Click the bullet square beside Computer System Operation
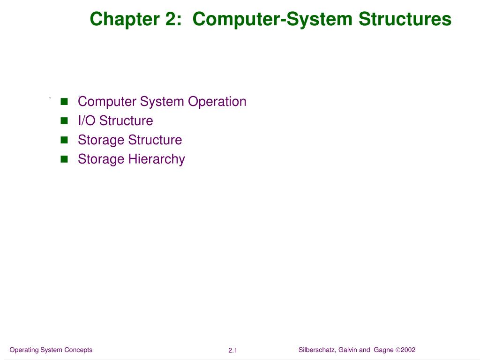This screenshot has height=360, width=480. click(64, 102)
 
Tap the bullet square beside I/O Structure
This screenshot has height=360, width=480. click(64, 121)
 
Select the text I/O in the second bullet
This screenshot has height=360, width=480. click(87, 121)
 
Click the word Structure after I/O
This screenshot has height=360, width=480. click(126, 121)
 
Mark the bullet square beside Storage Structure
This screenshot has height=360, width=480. click(64, 140)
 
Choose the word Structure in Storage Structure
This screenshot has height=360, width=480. click(155, 140)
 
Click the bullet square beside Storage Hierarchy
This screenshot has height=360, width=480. click(64, 159)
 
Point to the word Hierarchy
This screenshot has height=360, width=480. click(157, 159)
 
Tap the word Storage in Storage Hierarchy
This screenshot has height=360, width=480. click(100, 159)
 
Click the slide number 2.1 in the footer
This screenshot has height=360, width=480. click(233, 351)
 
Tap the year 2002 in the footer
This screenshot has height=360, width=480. click(408, 350)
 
